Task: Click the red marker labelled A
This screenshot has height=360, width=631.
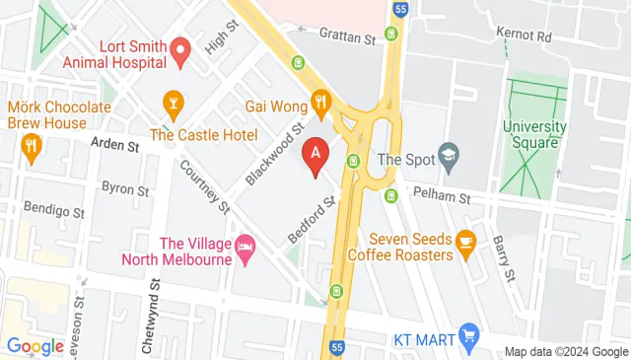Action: [315, 155]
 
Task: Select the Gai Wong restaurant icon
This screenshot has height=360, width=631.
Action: [320, 101]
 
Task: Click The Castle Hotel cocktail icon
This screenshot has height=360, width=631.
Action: [174, 103]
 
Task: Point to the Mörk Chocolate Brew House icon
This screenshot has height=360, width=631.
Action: [32, 149]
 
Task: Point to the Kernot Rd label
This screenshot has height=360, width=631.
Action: [523, 36]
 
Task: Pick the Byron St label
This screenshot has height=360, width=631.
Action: [125, 186]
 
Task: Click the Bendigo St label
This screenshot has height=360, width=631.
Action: [50, 210]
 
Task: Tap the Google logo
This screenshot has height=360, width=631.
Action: [35, 346]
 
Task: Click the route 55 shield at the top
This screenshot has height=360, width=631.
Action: [399, 9]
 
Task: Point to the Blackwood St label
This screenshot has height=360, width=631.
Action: [274, 156]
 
